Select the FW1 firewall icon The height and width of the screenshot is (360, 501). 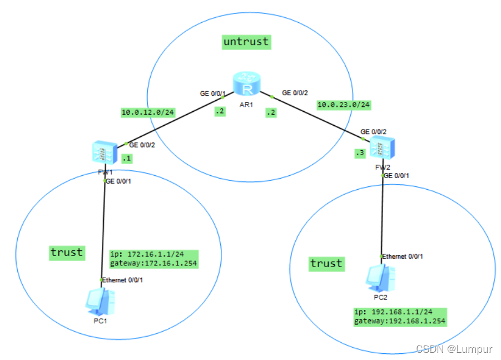[x=105, y=152]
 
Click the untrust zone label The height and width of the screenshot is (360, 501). [x=246, y=42]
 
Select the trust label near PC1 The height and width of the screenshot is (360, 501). [x=66, y=253]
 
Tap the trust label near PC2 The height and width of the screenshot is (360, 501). [x=326, y=263]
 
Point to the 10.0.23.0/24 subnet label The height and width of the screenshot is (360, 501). [x=344, y=105]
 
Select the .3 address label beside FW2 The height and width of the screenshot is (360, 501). [x=360, y=152]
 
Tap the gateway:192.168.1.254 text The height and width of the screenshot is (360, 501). [x=400, y=321]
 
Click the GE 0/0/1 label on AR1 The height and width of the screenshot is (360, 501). [x=212, y=93]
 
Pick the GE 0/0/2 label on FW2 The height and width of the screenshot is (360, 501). [x=374, y=132]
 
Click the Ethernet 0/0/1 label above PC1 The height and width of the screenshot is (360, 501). [x=124, y=279]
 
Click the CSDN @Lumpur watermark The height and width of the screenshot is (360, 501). [x=454, y=349]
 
